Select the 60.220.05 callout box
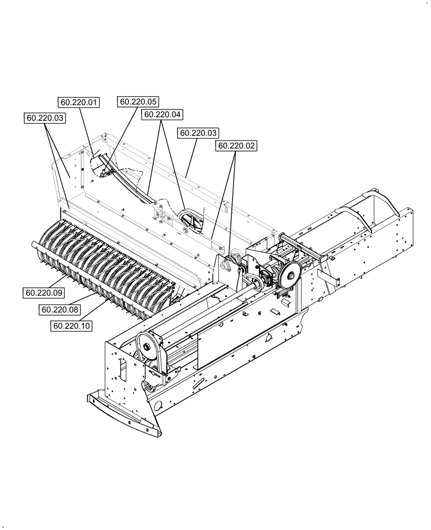(139, 102)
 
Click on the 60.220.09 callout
(42, 291)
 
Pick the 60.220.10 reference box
(72, 326)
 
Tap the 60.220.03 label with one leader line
(200, 133)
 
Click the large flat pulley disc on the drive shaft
(289, 276)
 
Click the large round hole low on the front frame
(157, 407)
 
